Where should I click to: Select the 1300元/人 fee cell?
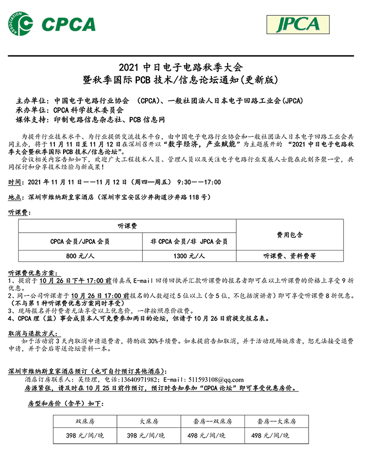point(189,256)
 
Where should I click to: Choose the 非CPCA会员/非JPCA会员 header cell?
point(189,241)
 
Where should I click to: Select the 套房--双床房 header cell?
point(212,421)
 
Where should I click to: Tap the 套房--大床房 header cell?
point(276,421)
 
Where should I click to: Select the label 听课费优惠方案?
point(34,273)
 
